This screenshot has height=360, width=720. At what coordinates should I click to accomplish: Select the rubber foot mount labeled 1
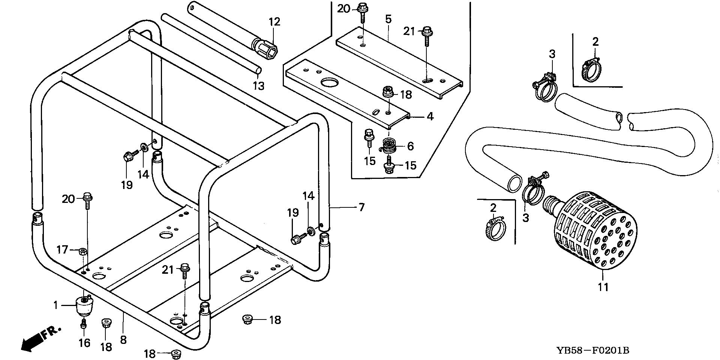pyautogui.click(x=84, y=306)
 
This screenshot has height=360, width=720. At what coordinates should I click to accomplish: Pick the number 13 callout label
pyautogui.click(x=258, y=86)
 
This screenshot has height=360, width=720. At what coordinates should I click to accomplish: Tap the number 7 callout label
pyautogui.click(x=361, y=207)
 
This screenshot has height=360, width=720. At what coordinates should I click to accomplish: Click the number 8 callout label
pyautogui.click(x=123, y=340)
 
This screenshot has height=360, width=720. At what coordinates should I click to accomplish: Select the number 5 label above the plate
pyautogui.click(x=388, y=19)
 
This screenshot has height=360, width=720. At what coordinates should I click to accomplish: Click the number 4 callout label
pyautogui.click(x=430, y=117)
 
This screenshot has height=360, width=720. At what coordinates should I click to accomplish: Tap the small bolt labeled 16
pyautogui.click(x=84, y=323)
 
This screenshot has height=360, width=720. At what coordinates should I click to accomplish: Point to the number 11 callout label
pyautogui.click(x=603, y=287)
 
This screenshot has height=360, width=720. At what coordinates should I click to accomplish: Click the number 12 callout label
pyautogui.click(x=274, y=22)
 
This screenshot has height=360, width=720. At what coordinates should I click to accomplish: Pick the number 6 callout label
pyautogui.click(x=410, y=146)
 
